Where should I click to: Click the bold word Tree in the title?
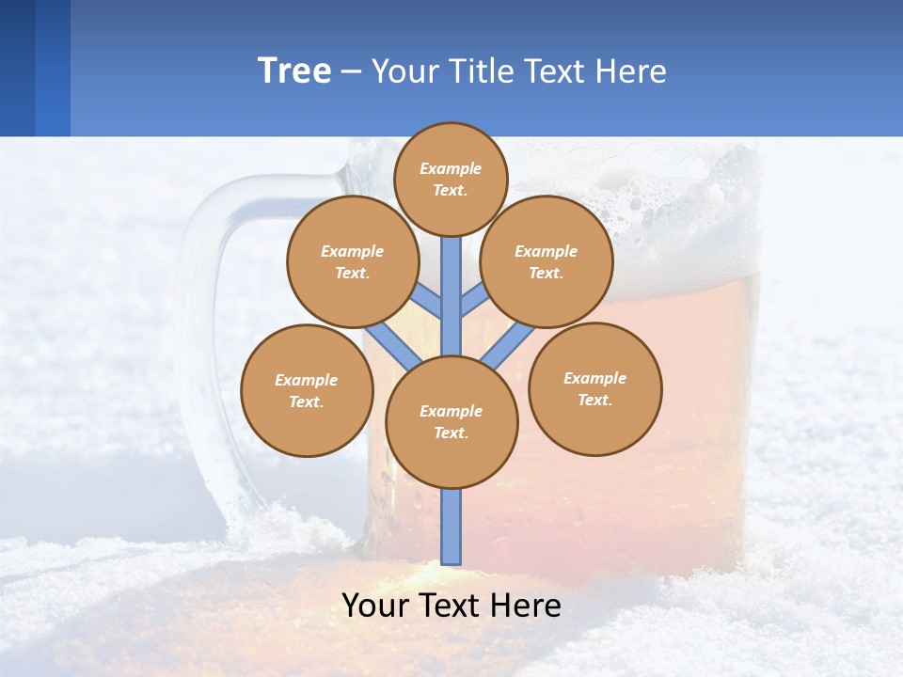point(294,71)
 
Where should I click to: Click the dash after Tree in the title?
point(351,72)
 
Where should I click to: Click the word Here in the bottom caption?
point(527,606)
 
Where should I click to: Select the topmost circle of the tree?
point(451,179)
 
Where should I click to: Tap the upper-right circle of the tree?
point(546,261)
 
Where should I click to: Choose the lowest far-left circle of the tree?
point(307,390)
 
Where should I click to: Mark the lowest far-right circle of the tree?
point(594,388)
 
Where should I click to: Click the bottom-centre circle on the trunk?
point(451,421)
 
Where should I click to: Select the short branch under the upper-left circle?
point(429,301)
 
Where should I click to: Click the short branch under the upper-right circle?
point(473,301)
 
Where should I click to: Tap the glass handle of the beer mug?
point(202,357)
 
